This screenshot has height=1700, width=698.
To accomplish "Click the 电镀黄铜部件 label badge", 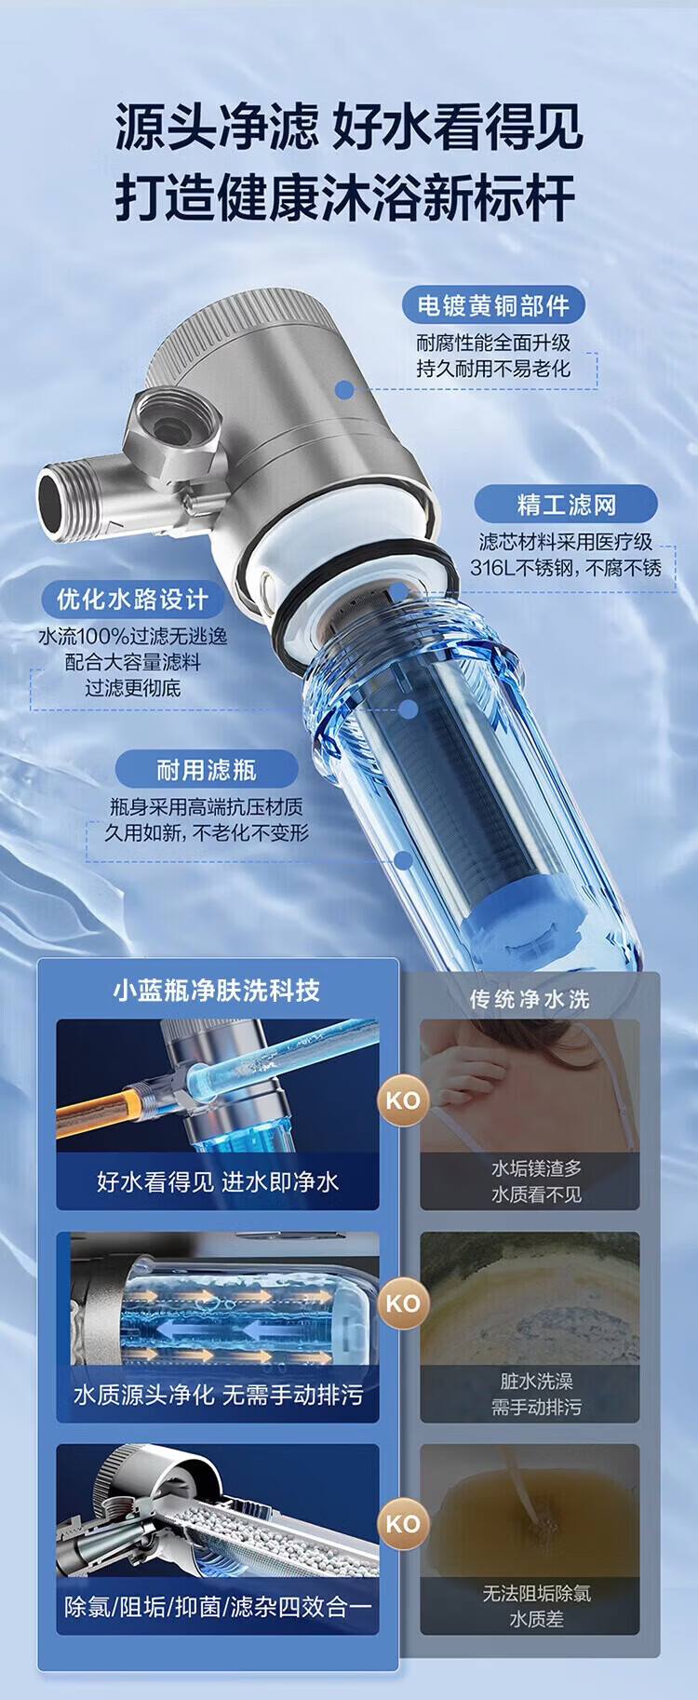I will pyautogui.click(x=492, y=305).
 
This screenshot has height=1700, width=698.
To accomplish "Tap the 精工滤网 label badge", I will pyautogui.click(x=566, y=505).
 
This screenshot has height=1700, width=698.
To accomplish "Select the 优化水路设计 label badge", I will pyautogui.click(x=133, y=599).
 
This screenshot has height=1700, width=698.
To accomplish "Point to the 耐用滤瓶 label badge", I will pyautogui.click(x=206, y=770).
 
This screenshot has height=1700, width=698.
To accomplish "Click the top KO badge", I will pyautogui.click(x=403, y=1100).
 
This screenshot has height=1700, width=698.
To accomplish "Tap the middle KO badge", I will pyautogui.click(x=403, y=1302).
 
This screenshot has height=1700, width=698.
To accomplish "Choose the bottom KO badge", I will pyautogui.click(x=403, y=1524).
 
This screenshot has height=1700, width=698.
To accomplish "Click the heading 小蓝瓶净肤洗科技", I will pyautogui.click(x=217, y=991).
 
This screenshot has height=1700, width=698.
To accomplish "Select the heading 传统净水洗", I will pyautogui.click(x=529, y=999).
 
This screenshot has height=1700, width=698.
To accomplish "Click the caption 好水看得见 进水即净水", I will pyautogui.click(x=217, y=1182).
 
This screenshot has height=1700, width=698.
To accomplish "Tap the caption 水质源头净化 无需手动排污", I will pyautogui.click(x=217, y=1395).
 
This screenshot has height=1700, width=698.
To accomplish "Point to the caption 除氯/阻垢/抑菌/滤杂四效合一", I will pyautogui.click(x=217, y=1607).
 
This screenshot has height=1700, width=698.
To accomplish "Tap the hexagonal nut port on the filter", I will pyautogui.click(x=174, y=425).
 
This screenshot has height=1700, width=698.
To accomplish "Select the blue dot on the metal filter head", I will pyautogui.click(x=344, y=390).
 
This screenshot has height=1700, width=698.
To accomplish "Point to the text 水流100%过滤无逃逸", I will pyautogui.click(x=132, y=637).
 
